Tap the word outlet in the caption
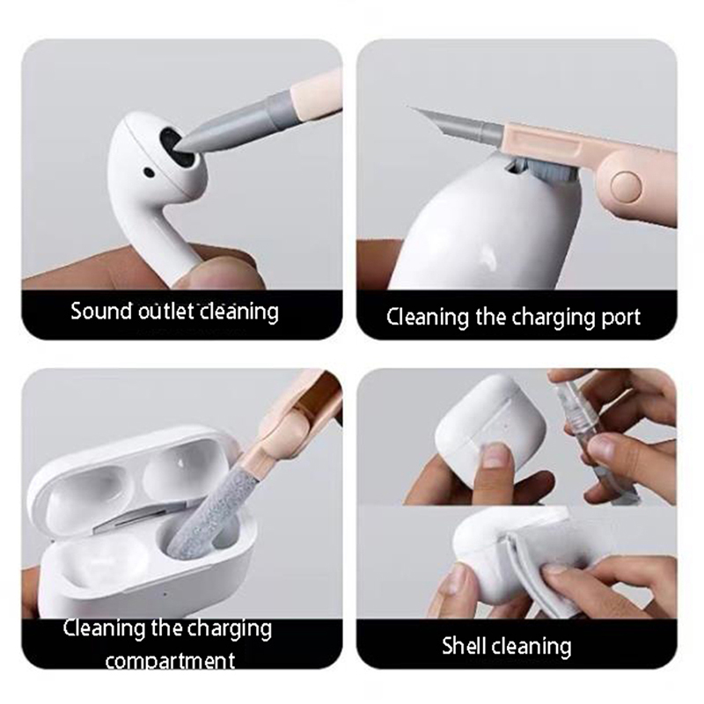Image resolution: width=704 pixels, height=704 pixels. click(x=165, y=311)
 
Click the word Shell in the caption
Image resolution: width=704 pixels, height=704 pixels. click(x=466, y=646)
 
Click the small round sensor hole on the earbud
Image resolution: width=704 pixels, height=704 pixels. click(x=148, y=172)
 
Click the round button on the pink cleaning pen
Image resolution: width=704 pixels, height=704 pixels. click(x=627, y=186)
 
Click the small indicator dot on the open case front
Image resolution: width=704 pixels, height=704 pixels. click(x=165, y=595)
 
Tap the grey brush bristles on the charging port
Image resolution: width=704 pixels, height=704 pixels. click(x=539, y=167)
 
